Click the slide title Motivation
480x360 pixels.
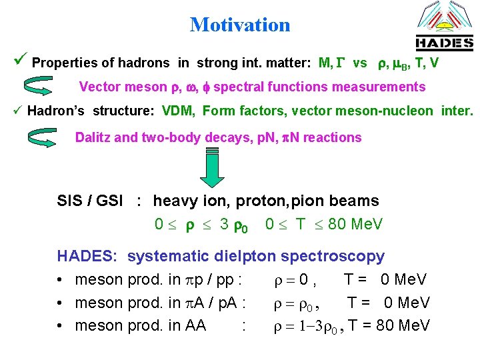click(240, 25)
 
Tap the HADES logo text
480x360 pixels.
click(444, 44)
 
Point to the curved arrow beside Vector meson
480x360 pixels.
click(41, 87)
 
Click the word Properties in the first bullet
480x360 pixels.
click(62, 63)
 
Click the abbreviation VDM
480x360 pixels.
click(177, 111)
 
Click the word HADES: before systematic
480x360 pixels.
click(88, 257)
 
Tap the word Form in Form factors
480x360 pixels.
click(219, 111)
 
